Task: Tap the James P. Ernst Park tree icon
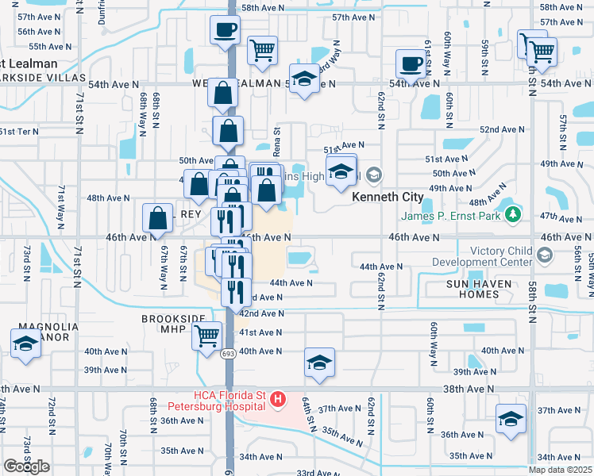coord(513,213)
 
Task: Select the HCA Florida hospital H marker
coord(278,399)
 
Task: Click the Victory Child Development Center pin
coord(544,255)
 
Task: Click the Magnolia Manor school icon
coord(25,344)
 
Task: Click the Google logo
coord(26,466)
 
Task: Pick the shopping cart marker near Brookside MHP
coord(206,336)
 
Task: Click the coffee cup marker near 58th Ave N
coord(225,30)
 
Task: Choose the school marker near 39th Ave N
coord(320,363)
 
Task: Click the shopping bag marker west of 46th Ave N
coord(158,217)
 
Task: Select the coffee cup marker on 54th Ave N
coord(411,63)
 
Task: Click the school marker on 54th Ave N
coord(303,79)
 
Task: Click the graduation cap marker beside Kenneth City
coord(341,171)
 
